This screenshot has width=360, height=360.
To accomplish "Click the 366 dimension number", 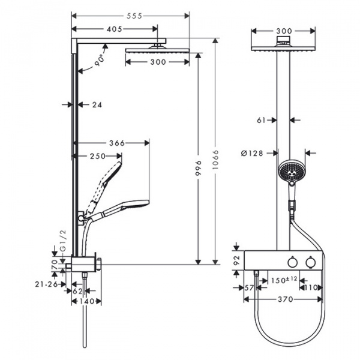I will [116, 143].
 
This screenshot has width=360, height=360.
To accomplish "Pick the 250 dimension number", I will [97, 156].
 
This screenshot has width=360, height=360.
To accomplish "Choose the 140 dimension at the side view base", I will [88, 301].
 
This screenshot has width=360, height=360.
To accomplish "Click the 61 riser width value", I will [261, 120].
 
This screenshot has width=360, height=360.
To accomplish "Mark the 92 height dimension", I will [236, 260].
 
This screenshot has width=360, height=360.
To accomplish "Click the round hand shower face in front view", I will [290, 171].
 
